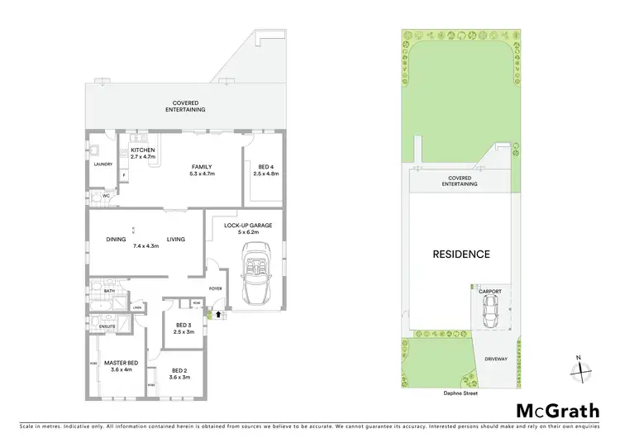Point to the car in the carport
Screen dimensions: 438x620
tap(490, 312)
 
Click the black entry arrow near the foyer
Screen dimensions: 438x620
tap(217, 314)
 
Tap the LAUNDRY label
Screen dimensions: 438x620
tap(103, 164)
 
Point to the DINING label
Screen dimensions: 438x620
tap(116, 240)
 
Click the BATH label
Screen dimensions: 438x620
tap(109, 291)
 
